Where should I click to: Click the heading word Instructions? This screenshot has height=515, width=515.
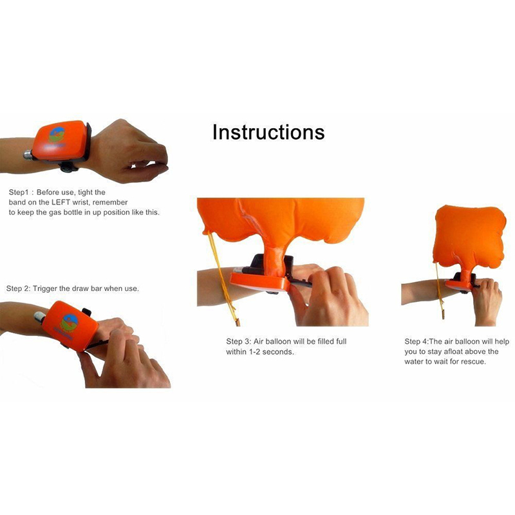[268, 132]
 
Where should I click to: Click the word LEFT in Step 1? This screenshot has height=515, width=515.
[61, 202]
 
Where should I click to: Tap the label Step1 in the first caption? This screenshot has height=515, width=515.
[19, 192]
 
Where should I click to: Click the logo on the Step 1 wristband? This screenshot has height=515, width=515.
[57, 135]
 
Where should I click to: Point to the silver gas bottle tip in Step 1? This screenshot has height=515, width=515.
[28, 154]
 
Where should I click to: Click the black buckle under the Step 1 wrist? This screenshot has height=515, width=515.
[69, 167]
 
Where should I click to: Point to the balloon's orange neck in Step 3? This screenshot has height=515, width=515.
[275, 261]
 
